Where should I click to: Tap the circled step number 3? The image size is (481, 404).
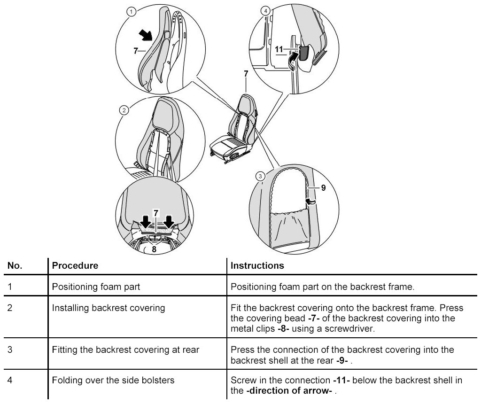pos(260,176)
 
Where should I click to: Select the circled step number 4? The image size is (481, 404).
pos(267,10)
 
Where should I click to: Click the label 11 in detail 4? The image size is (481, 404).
pos(278,49)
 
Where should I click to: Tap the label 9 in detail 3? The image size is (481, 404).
pos(323,187)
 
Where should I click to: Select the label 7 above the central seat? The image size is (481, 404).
pos(246,73)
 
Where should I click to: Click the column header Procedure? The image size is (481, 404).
pos(75,265)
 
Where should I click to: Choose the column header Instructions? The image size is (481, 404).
pos(257,265)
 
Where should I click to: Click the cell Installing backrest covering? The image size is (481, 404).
pos(109,308)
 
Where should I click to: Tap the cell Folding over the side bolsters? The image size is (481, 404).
pos(113,380)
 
